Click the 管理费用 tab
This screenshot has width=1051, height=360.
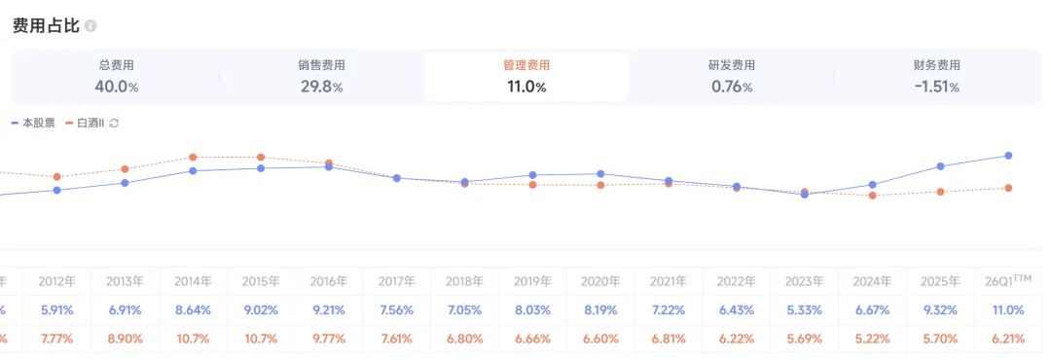click(x=526, y=77)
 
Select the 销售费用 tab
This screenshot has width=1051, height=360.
click(x=322, y=77)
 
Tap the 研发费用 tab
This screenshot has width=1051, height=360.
click(x=732, y=77)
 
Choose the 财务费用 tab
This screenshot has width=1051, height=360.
click(x=936, y=77)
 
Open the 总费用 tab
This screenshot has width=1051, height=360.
click(x=117, y=77)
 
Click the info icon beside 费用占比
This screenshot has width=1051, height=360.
click(x=91, y=27)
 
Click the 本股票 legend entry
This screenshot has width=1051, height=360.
click(x=33, y=124)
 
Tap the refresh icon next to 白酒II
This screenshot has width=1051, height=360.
click(x=114, y=124)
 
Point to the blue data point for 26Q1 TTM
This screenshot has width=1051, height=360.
click(x=1008, y=156)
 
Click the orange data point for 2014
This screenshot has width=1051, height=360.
click(x=193, y=157)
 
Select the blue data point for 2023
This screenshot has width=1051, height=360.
click(x=805, y=195)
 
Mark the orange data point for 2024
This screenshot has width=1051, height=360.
click(x=873, y=196)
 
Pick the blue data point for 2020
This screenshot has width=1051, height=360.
click(x=600, y=174)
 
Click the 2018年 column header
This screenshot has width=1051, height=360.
click(x=464, y=281)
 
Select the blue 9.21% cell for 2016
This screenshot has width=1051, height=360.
click(x=329, y=310)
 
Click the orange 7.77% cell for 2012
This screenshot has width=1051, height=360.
click(x=57, y=340)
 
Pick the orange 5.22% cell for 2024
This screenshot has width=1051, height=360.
click(x=873, y=340)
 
